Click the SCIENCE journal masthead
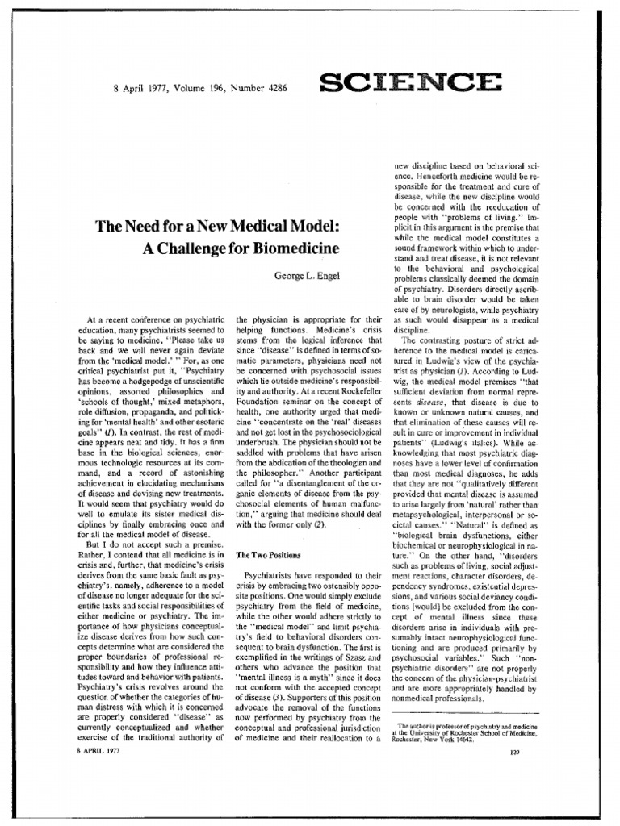pos(411,81)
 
